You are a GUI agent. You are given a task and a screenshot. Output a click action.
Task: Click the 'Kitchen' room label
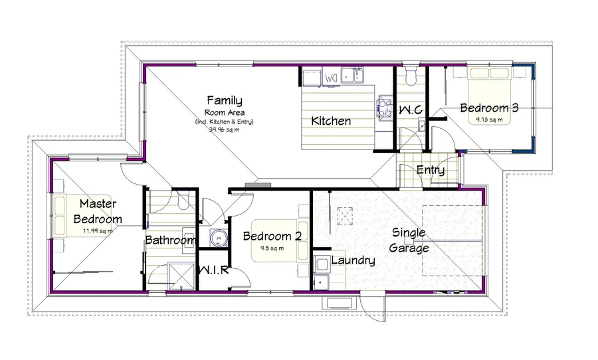(331, 121)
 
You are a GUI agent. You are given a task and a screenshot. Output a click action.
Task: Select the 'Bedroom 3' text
(488, 108)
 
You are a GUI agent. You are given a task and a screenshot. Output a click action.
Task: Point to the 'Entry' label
(430, 171)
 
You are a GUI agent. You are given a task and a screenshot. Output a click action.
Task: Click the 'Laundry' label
(352, 260)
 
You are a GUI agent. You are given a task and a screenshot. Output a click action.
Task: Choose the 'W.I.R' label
(213, 270)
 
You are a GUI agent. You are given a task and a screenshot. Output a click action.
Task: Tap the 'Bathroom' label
(170, 240)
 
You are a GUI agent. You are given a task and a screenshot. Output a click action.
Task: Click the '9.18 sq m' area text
(488, 120)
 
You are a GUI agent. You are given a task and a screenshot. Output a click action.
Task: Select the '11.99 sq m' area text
(97, 231)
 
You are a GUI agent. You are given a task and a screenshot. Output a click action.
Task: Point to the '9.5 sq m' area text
(272, 248)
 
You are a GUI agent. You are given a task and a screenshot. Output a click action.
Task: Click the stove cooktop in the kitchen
(385, 108)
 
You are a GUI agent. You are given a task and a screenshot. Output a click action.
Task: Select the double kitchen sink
(351, 74)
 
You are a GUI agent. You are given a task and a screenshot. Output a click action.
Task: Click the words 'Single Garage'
(410, 240)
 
